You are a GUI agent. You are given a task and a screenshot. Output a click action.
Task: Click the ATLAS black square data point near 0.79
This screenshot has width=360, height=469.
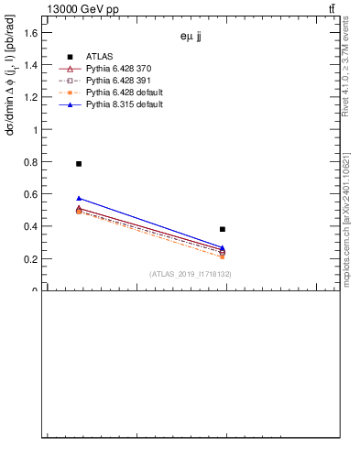pyautogui.click(x=79, y=163)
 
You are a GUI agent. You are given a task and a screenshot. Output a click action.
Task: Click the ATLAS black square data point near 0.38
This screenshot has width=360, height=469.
pyautogui.click(x=223, y=229)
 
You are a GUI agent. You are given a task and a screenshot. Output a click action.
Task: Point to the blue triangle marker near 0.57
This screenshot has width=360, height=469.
pyautogui.click(x=79, y=198)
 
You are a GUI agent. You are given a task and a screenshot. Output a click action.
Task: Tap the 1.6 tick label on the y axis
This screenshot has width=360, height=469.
pyautogui.click(x=29, y=33)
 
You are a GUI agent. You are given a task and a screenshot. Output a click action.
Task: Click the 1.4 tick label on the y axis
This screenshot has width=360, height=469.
pyautogui.click(x=29, y=65)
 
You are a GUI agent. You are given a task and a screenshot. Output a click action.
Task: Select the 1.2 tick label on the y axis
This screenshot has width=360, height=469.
pyautogui.click(x=29, y=97)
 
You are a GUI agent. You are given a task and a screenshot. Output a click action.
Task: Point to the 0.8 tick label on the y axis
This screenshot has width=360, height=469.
pyautogui.click(x=29, y=162)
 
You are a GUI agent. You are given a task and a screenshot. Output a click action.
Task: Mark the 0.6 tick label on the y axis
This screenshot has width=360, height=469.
pyautogui.click(x=29, y=194)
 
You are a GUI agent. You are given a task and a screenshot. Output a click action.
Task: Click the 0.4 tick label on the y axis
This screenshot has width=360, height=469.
pyautogui.click(x=29, y=226)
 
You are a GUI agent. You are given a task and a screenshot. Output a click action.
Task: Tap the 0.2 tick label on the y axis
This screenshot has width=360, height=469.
pyautogui.click(x=29, y=258)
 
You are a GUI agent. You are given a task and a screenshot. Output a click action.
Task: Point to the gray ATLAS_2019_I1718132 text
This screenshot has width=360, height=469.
pyautogui.click(x=190, y=274)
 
